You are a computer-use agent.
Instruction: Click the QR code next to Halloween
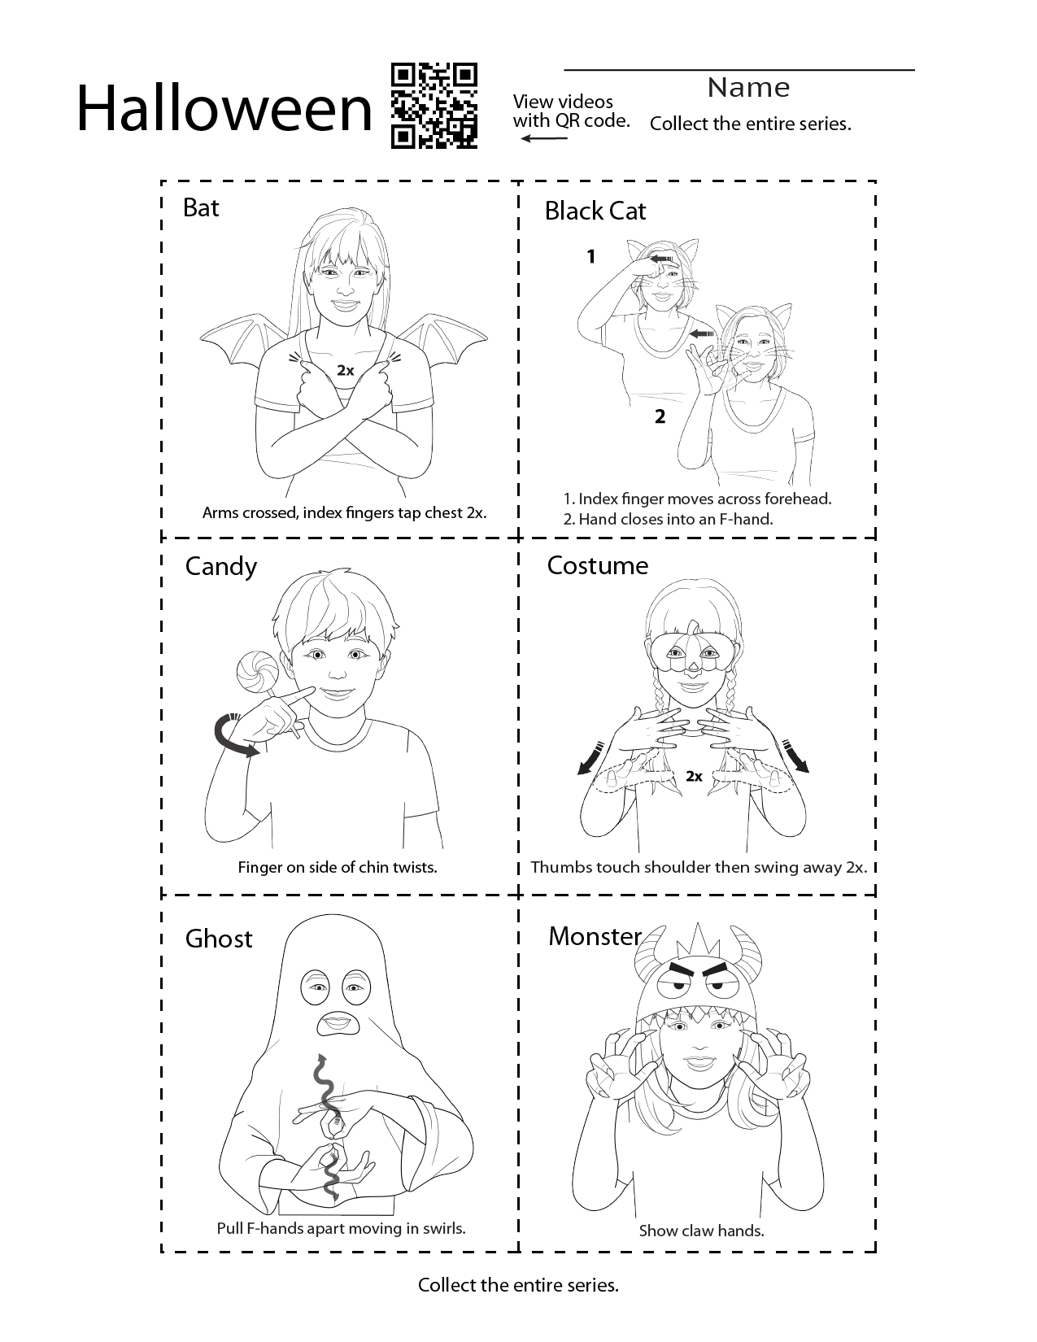(434, 106)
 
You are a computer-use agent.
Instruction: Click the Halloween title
(224, 109)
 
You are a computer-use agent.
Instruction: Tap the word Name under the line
(748, 88)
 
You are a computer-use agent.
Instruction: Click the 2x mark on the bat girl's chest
(345, 371)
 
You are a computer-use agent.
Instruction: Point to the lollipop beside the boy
(258, 671)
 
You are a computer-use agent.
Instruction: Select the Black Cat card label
(595, 211)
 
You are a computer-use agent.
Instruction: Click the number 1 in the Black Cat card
(591, 256)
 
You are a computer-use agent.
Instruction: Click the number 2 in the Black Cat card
(660, 417)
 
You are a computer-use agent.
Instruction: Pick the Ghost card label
(219, 939)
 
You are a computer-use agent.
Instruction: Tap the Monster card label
(595, 936)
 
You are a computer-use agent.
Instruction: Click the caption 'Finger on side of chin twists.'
(338, 868)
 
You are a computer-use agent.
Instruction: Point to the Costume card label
(597, 566)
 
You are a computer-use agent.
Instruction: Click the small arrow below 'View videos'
(543, 138)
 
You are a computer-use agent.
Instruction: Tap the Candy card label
(220, 567)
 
